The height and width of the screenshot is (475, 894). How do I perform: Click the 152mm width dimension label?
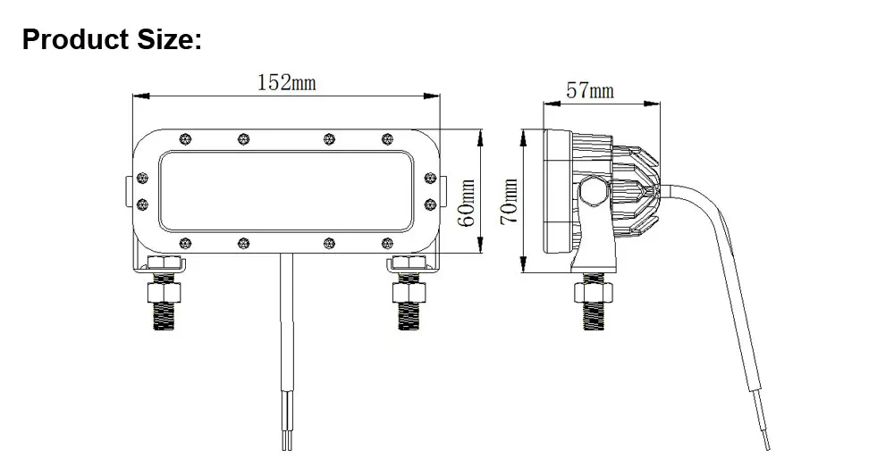286,83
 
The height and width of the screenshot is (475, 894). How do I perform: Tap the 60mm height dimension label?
466,204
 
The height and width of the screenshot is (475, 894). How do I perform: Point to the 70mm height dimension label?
509,202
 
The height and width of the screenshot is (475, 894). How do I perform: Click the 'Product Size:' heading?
113,39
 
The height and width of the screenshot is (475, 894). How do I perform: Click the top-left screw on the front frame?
185,138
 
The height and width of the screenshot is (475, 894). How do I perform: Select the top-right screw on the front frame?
386,138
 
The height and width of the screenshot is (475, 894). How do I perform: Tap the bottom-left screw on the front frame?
185,242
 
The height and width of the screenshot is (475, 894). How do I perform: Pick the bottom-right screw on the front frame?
386,242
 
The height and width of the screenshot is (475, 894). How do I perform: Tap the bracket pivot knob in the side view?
592,190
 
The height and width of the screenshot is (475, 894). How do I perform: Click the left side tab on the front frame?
127,190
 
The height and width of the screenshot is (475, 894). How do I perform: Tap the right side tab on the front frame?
444,190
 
